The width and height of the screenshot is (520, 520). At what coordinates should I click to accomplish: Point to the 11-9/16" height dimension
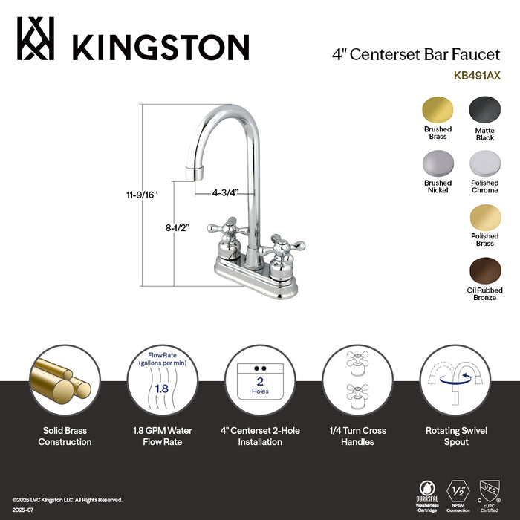coord(139,195)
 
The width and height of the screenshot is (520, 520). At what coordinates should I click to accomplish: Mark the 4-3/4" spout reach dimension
coord(224,192)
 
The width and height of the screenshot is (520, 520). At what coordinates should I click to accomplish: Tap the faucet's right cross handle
coord(282,247)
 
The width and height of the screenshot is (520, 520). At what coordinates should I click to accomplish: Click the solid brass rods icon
coord(64,380)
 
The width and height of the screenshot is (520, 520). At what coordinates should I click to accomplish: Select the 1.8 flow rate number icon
coord(161,387)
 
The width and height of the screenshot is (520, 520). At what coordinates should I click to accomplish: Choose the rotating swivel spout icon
coord(456,380)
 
